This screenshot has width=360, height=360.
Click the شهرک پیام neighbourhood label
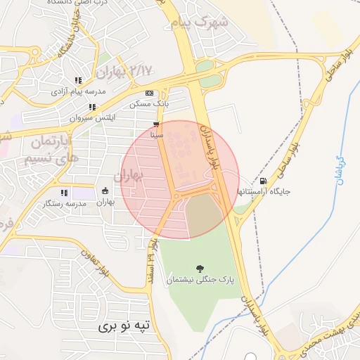(x=200, y=22)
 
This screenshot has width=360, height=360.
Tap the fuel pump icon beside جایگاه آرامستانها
(x=263, y=181)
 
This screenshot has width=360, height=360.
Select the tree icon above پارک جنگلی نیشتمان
(x=200, y=268)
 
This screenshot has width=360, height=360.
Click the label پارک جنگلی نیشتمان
(x=200, y=280)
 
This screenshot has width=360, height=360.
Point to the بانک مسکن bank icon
(x=148, y=93)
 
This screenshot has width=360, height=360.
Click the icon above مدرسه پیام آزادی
(x=77, y=80)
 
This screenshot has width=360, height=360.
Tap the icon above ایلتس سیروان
(x=92, y=107)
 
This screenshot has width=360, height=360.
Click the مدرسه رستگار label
(x=65, y=203)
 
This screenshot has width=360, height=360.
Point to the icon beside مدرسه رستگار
(x=64, y=192)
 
